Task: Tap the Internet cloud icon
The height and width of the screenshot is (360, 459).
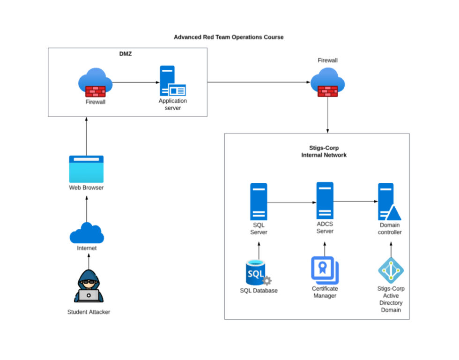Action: (x=87, y=233)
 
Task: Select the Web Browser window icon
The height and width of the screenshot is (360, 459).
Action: (x=87, y=169)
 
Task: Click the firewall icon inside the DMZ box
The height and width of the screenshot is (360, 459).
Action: (x=95, y=82)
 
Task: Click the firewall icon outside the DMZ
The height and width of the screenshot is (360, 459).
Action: (x=327, y=82)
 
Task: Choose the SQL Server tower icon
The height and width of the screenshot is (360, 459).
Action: (x=259, y=201)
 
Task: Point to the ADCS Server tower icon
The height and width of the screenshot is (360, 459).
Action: (x=325, y=200)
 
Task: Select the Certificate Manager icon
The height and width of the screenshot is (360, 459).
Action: (x=325, y=270)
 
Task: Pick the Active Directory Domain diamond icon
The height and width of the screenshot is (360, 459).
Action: (x=391, y=270)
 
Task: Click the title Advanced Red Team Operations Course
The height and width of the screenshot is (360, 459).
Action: (x=229, y=37)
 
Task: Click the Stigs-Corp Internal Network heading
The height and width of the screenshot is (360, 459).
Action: (x=324, y=151)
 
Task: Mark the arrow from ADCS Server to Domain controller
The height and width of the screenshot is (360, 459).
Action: (x=356, y=202)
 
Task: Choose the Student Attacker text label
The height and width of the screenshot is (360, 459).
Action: (x=89, y=312)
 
